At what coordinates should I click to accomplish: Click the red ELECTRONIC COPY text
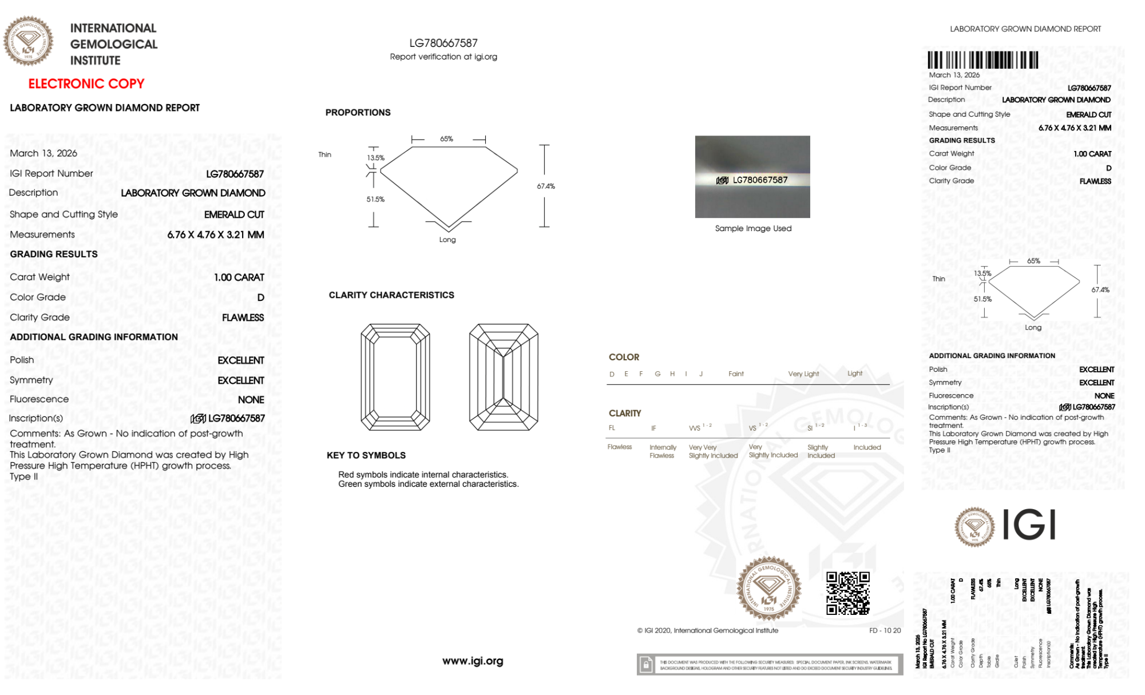coord(86,84)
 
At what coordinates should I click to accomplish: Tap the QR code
coord(847,593)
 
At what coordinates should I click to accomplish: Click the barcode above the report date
coord(982,60)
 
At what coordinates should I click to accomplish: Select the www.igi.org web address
coord(473,661)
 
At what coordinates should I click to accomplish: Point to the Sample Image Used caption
coord(753,228)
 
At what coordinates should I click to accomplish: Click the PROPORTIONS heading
coord(358,113)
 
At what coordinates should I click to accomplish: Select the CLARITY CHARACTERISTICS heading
coord(391,295)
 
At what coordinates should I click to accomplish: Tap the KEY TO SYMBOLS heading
coord(366,455)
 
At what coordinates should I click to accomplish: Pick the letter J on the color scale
coord(701,374)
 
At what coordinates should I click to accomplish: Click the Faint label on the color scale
coord(736,374)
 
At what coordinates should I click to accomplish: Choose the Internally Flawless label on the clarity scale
coord(663,451)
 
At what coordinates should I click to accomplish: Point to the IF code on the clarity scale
coord(653,428)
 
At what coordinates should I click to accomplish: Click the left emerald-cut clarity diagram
coord(395,377)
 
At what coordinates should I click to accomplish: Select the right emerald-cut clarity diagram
coord(504,377)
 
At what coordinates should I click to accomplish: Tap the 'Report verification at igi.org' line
coord(443,57)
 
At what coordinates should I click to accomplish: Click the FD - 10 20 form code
coord(885,630)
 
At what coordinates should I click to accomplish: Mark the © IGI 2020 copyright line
coord(708,630)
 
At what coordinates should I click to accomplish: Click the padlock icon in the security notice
coord(646,665)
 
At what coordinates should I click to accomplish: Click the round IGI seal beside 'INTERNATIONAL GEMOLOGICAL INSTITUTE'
coord(29,41)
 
